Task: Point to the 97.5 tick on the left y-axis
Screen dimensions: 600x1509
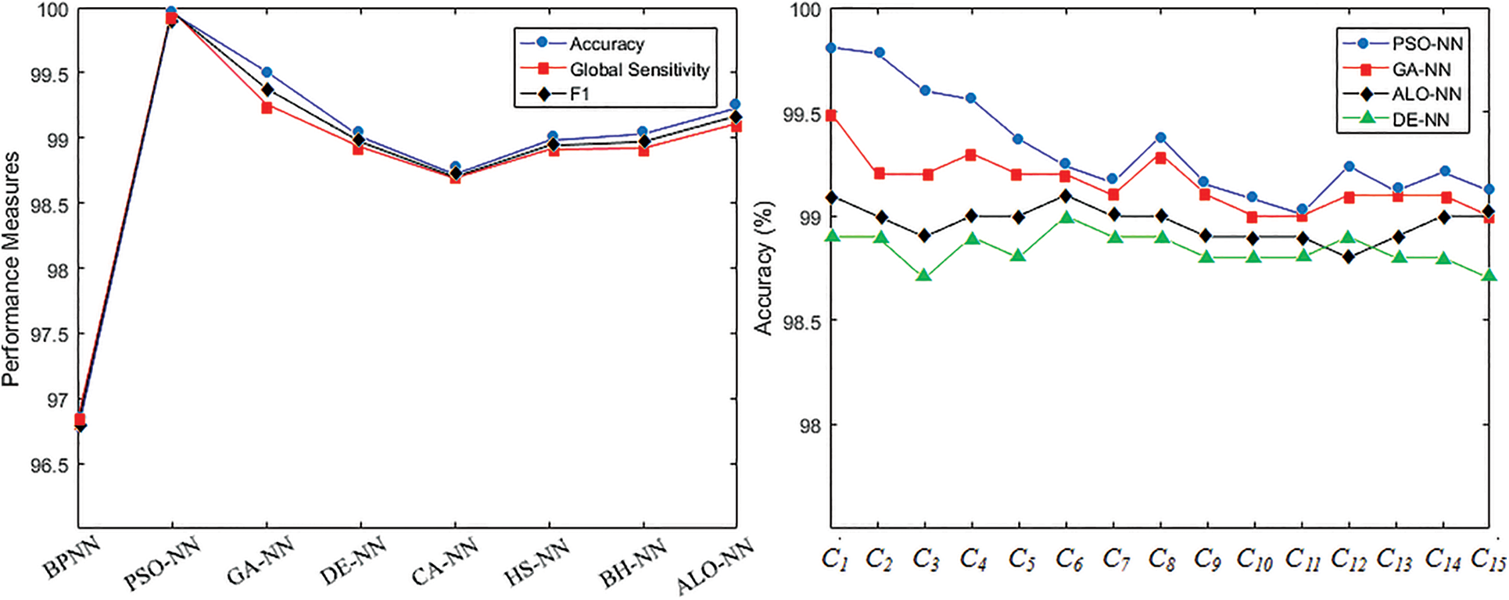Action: [x=48, y=334]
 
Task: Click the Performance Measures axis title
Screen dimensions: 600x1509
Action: [x=11, y=270]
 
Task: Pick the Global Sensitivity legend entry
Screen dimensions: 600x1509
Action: [x=639, y=70]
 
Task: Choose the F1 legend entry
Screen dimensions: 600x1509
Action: [x=579, y=95]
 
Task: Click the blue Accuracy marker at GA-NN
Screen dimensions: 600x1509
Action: [x=267, y=72]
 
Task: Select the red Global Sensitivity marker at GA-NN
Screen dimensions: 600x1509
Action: [x=267, y=107]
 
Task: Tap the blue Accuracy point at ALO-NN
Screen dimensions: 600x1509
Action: [x=735, y=104]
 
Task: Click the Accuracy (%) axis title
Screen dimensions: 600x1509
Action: [x=764, y=269]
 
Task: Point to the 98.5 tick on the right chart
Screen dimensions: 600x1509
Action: [x=801, y=321]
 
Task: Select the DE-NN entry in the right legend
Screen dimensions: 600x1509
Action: [x=1420, y=120]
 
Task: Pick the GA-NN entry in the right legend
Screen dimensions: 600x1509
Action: [x=1421, y=70]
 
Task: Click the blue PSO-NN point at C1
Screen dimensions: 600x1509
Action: [x=831, y=48]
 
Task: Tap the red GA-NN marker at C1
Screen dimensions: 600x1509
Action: [x=831, y=116]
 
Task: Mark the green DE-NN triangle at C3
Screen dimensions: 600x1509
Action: [x=924, y=276]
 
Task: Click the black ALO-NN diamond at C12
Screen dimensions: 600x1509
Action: [x=1349, y=256]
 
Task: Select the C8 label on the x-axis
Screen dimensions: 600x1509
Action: [x=1162, y=560]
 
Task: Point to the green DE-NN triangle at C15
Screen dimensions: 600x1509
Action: [x=1489, y=276]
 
